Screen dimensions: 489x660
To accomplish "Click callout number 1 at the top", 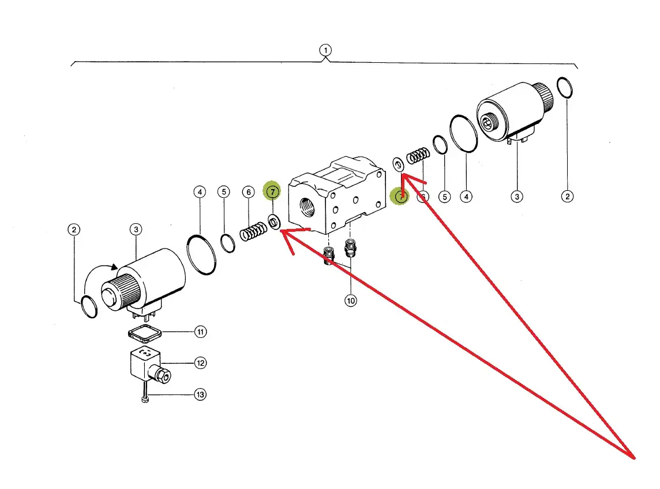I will coord(326,51).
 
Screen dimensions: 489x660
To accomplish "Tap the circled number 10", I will coord(351,300).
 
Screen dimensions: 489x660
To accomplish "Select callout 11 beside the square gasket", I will coord(200,332).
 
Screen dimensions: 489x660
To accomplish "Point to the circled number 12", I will coord(200,363).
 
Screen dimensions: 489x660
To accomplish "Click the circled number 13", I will coord(200,395).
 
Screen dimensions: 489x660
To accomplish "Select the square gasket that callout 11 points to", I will coord(144,332).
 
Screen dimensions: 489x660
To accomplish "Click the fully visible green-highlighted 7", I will coord(272,191).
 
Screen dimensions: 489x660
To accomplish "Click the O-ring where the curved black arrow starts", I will coord(88,306).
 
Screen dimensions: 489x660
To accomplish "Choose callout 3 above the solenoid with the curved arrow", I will coord(136,230).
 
